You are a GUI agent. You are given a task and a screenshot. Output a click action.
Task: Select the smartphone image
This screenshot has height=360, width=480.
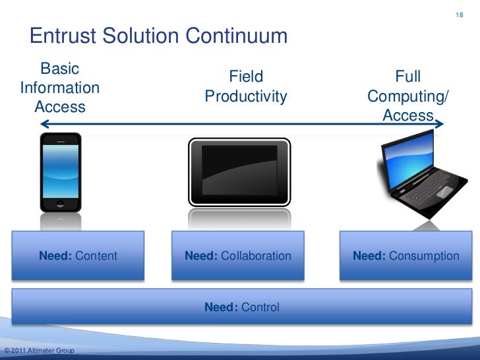click(x=60, y=173)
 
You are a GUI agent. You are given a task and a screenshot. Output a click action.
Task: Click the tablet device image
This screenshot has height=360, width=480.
click(x=239, y=173)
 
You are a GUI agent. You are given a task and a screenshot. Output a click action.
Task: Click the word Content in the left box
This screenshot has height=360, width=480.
click(x=96, y=256)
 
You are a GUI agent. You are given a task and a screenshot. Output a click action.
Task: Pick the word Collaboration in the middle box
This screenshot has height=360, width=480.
click(x=256, y=256)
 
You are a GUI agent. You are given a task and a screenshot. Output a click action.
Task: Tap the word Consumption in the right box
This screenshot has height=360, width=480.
click(x=425, y=256)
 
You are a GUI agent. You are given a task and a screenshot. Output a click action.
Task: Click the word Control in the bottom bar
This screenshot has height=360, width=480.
click(x=260, y=307)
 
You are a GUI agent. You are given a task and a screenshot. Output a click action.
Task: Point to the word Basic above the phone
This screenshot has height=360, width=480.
click(x=60, y=69)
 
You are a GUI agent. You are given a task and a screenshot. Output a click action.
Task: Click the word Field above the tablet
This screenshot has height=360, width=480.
click(x=246, y=76)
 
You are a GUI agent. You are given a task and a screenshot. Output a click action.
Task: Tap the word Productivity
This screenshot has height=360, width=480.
click(x=246, y=97)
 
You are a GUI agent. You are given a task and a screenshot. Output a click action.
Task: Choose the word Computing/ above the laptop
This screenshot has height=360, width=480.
click(x=407, y=97)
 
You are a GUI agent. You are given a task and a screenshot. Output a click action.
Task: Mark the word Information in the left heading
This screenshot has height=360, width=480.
click(x=60, y=88)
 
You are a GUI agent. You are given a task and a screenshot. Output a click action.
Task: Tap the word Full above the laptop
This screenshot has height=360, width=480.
click(x=407, y=76)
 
